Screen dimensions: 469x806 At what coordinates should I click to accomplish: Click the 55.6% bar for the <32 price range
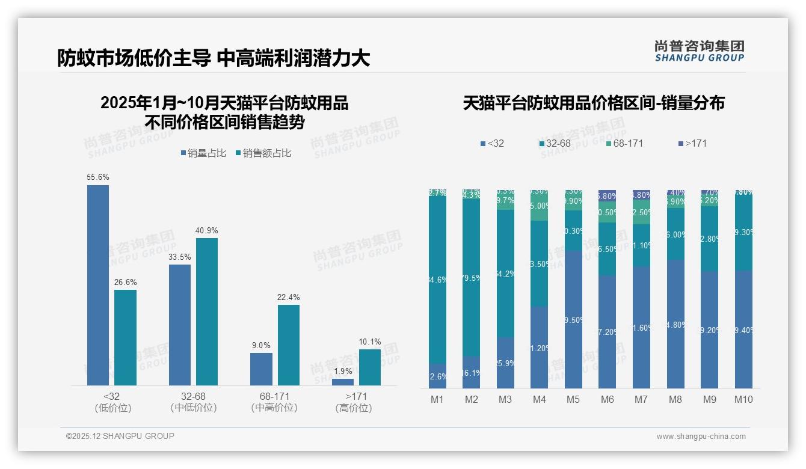[98, 285]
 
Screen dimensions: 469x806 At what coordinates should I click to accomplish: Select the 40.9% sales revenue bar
[207, 311]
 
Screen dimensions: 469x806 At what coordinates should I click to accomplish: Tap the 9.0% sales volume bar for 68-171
[261, 369]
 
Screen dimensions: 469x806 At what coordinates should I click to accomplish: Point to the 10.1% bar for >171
[370, 367]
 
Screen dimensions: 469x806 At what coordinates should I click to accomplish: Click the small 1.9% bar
[343, 382]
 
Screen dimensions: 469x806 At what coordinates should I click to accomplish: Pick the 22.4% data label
[289, 297]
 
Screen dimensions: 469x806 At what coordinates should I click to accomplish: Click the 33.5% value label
[180, 257]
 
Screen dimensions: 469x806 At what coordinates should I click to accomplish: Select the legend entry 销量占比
[203, 153]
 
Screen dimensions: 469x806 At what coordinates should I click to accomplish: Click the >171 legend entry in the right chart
[692, 144]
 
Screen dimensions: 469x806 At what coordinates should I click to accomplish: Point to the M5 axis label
[573, 399]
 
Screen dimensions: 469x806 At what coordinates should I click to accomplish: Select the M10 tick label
[743, 399]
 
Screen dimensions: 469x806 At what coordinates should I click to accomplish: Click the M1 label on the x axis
[437, 399]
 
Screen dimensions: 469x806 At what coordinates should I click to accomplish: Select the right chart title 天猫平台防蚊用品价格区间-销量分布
[594, 103]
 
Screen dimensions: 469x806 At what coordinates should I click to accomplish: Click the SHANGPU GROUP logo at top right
[699, 51]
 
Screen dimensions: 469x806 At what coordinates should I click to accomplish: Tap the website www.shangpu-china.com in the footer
[701, 437]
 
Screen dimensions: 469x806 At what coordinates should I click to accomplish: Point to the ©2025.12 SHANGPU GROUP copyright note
[120, 436]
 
